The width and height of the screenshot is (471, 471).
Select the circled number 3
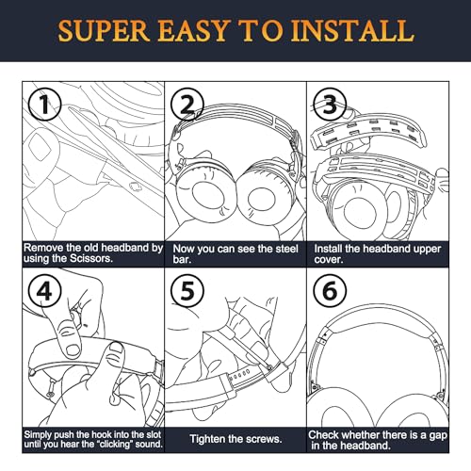[330, 104]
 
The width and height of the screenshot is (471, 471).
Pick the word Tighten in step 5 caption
[212, 438]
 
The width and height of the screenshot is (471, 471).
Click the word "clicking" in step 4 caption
[118, 444]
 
